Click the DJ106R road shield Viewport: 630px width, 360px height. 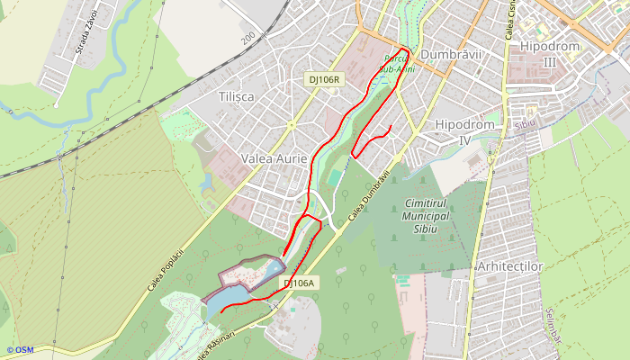(x=324, y=79)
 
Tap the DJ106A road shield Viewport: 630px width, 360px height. (x=300, y=283)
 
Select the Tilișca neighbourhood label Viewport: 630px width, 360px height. (x=236, y=96)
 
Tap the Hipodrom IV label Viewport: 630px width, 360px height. (x=464, y=131)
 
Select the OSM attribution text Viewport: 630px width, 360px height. (x=20, y=350)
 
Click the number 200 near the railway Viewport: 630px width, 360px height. (x=248, y=39)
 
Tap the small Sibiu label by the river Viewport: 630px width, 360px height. (x=525, y=121)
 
